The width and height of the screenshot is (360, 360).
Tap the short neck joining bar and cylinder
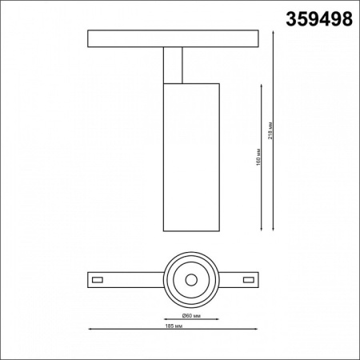pyautogui.click(x=174, y=64)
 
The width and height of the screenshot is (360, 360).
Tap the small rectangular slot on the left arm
pyautogui.click(x=98, y=280)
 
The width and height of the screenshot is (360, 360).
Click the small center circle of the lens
pyautogui.click(x=191, y=280)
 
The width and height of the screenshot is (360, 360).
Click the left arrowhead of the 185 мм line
pyautogui.click(x=90, y=324)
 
